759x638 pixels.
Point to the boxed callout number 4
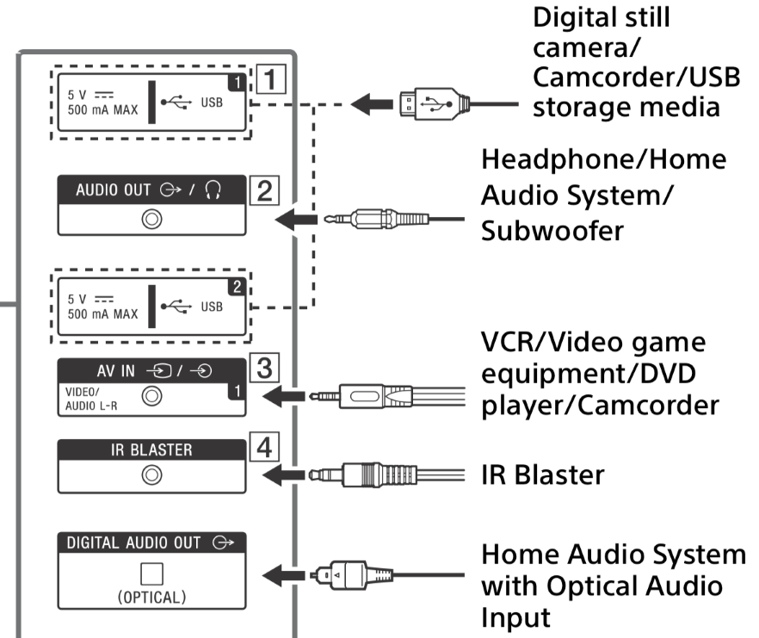[x=264, y=449]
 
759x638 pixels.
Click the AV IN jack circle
[x=152, y=396]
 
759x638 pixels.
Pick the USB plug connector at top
[x=429, y=106]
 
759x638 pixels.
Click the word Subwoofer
[x=550, y=232]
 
